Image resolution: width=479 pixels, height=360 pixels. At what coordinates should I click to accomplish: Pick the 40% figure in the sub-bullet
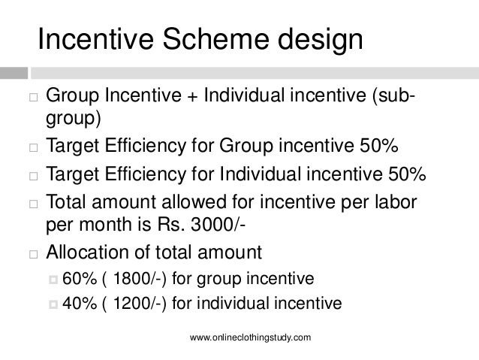pos(77,304)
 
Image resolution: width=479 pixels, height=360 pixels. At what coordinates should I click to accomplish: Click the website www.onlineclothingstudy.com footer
pos(251,340)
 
